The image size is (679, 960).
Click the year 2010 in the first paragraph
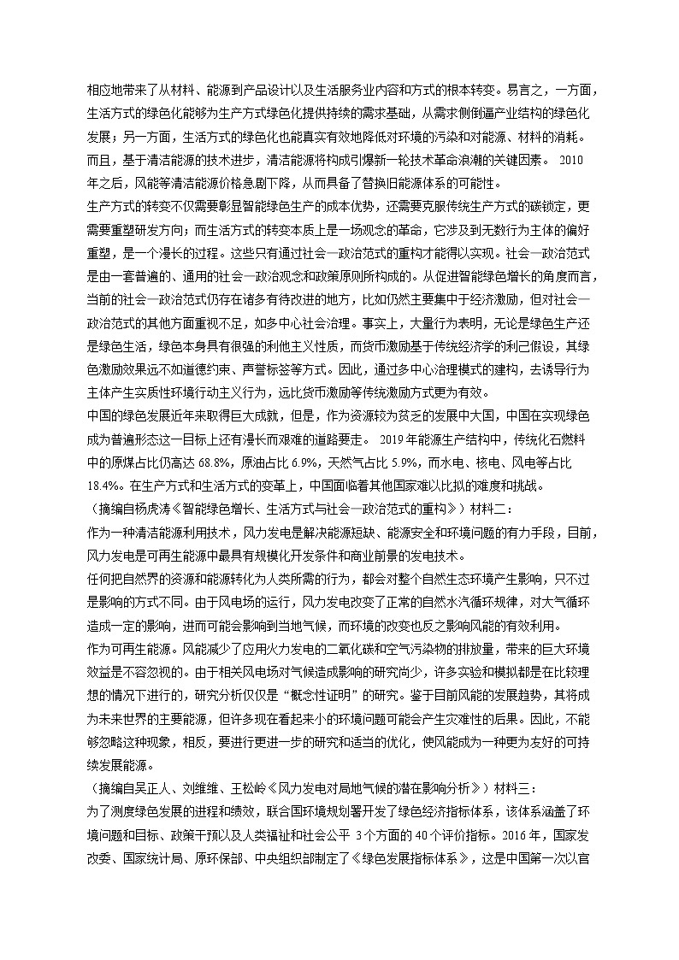click(x=570, y=159)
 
